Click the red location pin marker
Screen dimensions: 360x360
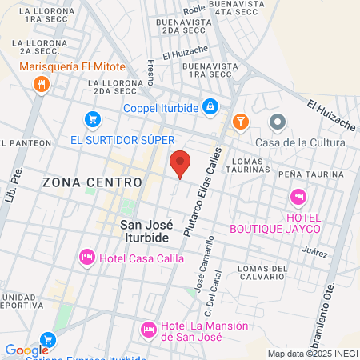(x=180, y=164)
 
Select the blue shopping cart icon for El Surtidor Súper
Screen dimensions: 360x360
(x=93, y=120)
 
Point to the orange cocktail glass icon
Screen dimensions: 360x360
(x=238, y=122)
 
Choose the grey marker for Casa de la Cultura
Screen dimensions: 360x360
(x=278, y=122)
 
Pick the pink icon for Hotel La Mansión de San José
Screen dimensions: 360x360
(x=148, y=329)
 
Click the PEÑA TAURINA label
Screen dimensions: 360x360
(x=304, y=174)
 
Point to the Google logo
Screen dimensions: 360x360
(x=27, y=350)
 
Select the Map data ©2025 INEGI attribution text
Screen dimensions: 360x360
(x=312, y=354)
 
